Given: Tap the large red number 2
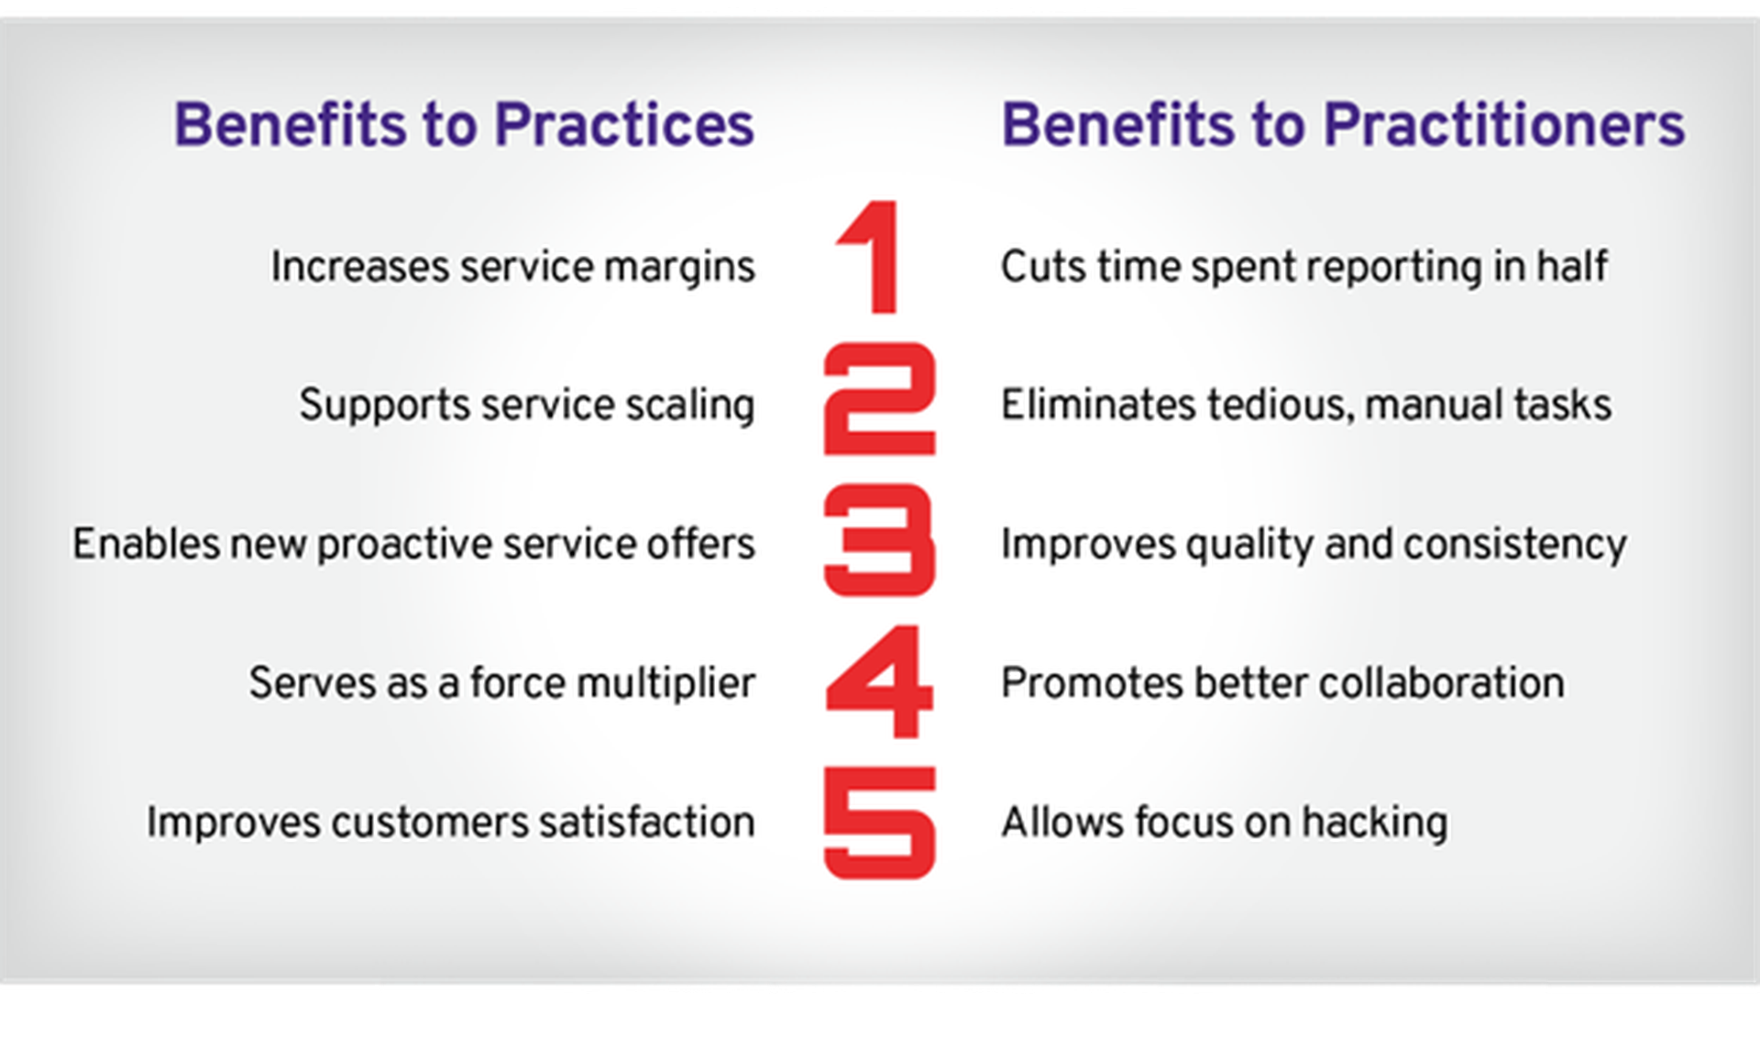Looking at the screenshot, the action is tap(880, 399).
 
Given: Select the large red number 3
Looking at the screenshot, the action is tap(880, 540).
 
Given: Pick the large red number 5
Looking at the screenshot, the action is tap(880, 823).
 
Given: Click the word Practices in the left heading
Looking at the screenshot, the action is tap(625, 125).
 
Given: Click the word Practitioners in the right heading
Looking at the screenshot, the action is tap(1504, 125).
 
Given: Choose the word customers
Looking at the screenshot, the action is tap(430, 823).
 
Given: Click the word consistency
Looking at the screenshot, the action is tap(1515, 546).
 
